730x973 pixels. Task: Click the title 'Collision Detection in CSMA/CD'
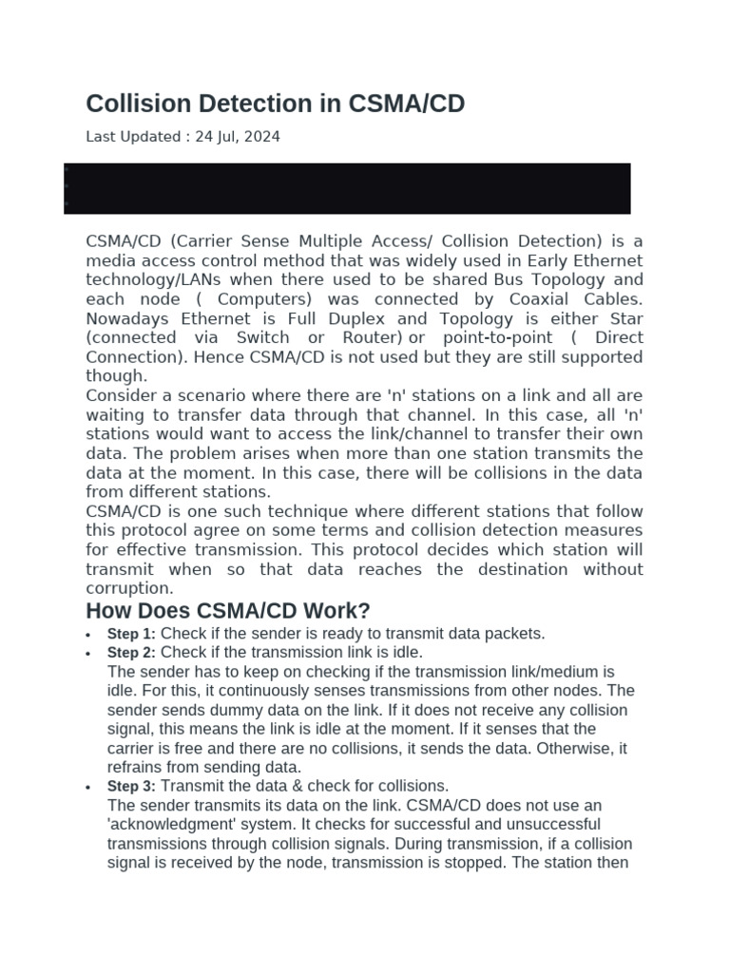[x=276, y=104]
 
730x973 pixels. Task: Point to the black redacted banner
[x=347, y=188]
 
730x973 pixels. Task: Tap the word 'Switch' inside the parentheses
[x=263, y=337]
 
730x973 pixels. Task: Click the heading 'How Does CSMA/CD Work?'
[x=228, y=611]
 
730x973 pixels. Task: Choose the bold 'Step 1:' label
[x=131, y=634]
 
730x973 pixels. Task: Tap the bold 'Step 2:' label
[x=131, y=653]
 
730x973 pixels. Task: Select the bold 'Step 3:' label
[x=131, y=787]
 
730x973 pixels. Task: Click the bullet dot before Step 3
[x=87, y=788]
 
